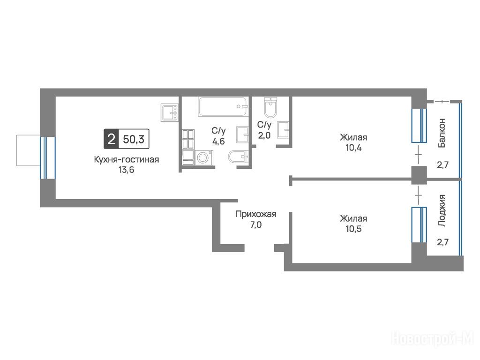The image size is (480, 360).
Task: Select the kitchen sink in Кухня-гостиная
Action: (x=169, y=112)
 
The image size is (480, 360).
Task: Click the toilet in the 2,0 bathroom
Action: (x=270, y=107)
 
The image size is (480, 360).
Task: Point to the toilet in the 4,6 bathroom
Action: (x=238, y=157)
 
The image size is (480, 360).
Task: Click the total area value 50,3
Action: (x=134, y=139)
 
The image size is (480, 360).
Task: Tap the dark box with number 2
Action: (x=111, y=139)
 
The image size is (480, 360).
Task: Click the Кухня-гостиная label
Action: (x=127, y=159)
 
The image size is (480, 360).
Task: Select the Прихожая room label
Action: (x=256, y=214)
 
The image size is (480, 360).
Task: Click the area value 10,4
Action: (x=353, y=148)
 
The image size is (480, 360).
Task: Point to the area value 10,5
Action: (x=353, y=229)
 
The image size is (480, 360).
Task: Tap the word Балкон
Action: (x=442, y=133)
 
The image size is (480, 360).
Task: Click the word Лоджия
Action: (x=442, y=210)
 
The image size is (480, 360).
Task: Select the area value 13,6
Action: (x=127, y=170)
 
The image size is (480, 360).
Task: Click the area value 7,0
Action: (x=256, y=225)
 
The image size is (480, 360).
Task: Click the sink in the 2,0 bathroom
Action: (x=284, y=130)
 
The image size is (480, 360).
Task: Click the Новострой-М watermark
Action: (x=433, y=339)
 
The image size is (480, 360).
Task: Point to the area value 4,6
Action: (x=218, y=142)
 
